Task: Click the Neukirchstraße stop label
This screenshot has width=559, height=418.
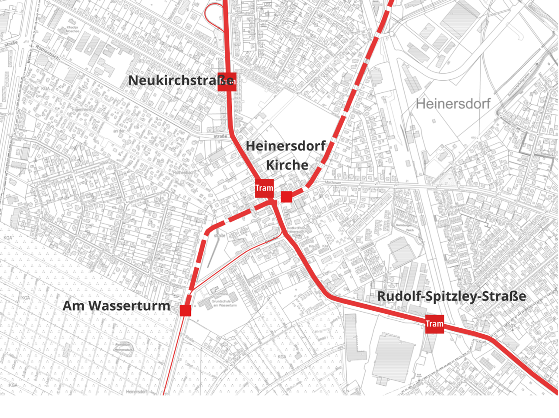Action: (180, 81)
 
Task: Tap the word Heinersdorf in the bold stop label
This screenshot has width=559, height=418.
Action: (285, 146)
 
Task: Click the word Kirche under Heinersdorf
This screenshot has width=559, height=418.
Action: (287, 165)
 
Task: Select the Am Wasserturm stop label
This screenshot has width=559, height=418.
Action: (116, 306)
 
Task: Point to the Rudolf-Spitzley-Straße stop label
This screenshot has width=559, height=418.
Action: (451, 296)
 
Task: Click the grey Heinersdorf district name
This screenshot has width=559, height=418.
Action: (453, 104)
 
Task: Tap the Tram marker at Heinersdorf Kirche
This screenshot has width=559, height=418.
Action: (264, 188)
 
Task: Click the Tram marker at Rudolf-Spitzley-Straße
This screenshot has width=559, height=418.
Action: (434, 324)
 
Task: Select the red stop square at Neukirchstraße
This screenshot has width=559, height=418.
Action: (227, 82)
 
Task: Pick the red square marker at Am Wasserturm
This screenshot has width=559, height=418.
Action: (185, 310)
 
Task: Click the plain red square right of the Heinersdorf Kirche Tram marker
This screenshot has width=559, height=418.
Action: (286, 197)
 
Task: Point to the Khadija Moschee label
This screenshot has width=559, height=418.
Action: (72, 30)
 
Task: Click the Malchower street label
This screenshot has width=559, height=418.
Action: (333, 182)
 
